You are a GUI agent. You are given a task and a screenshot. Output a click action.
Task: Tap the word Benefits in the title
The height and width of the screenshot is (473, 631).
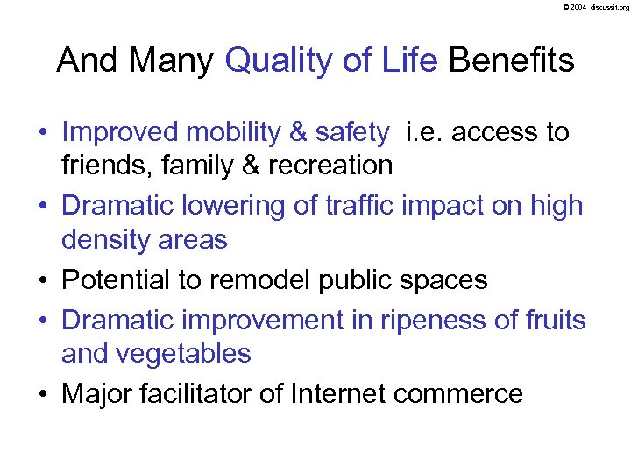pos(511,60)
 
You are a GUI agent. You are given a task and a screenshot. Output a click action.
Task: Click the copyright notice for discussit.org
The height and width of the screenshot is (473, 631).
pos(592,7)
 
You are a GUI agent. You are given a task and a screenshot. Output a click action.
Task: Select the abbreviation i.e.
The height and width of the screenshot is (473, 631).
pos(424,132)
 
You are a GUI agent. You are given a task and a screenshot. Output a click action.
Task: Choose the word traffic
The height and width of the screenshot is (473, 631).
pos(354,205)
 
